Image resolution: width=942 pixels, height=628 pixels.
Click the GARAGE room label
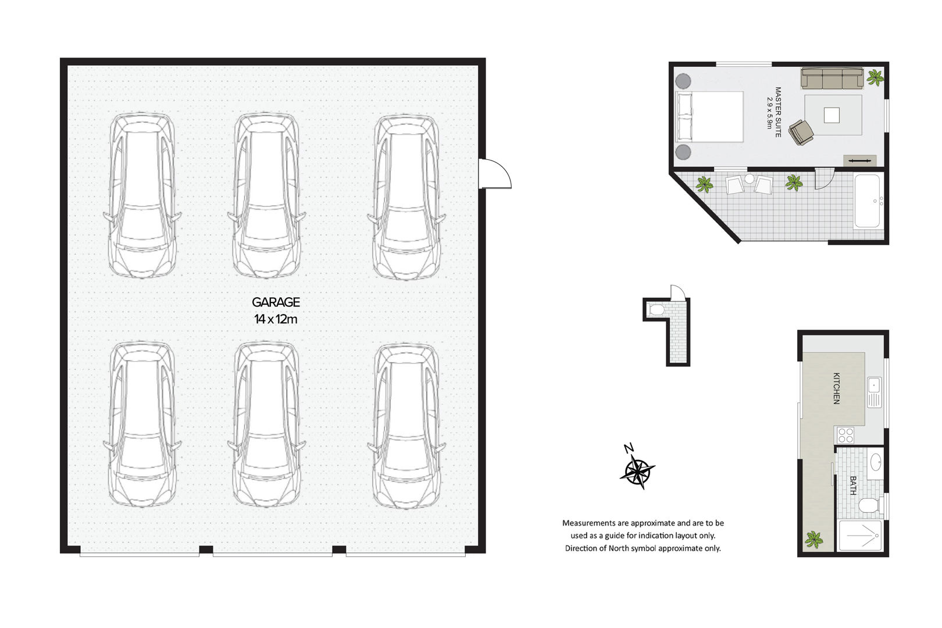(276, 302)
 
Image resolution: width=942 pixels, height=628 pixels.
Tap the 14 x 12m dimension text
(276, 319)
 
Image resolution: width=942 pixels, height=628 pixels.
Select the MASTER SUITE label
(778, 112)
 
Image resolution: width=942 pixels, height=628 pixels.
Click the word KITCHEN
(836, 388)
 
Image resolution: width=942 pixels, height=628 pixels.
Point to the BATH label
(853, 486)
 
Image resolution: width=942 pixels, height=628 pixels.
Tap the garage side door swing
(495, 173)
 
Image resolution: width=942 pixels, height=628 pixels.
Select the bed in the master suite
(709, 116)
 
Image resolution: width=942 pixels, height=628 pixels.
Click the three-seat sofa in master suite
(832, 78)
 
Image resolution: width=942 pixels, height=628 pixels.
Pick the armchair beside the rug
(801, 132)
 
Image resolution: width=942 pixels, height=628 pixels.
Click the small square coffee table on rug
(832, 115)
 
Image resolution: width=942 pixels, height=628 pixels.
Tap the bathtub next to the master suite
(867, 201)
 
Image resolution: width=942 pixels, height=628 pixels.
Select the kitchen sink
(875, 392)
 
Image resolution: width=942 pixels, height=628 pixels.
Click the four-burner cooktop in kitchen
(845, 436)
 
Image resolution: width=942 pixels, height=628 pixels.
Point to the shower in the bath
(860, 535)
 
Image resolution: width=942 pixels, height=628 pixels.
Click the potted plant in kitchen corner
(813, 539)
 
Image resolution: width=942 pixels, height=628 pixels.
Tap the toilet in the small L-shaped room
(655, 310)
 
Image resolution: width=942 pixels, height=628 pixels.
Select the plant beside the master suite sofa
(875, 77)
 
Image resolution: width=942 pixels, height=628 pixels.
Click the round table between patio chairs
(750, 179)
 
